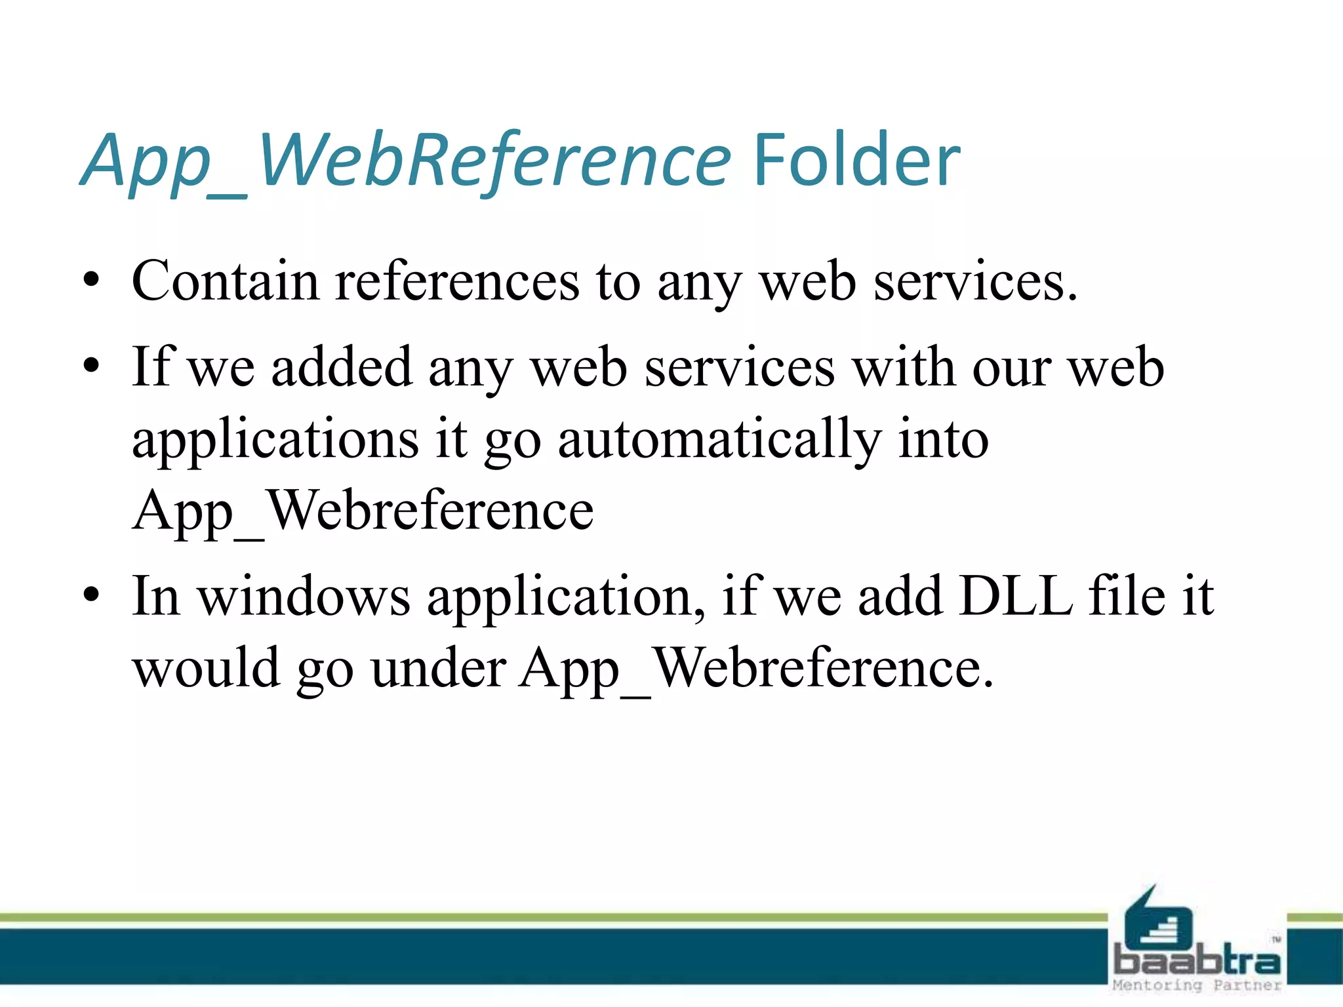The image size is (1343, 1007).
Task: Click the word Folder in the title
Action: pyautogui.click(x=856, y=161)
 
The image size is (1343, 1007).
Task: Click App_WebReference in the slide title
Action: pyautogui.click(x=405, y=161)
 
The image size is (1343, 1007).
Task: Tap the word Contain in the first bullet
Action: pyautogui.click(x=225, y=281)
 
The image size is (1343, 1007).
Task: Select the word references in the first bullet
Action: pyautogui.click(x=457, y=281)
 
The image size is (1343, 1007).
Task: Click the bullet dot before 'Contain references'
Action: pyautogui.click(x=92, y=282)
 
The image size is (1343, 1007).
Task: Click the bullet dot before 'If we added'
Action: pyautogui.click(x=92, y=366)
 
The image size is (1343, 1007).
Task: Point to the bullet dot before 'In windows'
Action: pyautogui.click(x=92, y=596)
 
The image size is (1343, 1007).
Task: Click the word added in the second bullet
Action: pyautogui.click(x=342, y=366)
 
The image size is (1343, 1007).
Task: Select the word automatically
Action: pyautogui.click(x=719, y=439)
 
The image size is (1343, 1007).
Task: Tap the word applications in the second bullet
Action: pyautogui.click(x=275, y=439)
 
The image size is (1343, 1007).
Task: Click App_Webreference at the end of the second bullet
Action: pyautogui.click(x=363, y=511)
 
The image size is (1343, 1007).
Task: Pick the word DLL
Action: pyautogui.click(x=1015, y=596)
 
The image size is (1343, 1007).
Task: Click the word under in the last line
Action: pyautogui.click(x=437, y=668)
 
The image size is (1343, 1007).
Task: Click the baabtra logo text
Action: pyautogui.click(x=1197, y=961)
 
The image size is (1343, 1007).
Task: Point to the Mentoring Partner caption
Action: pyautogui.click(x=1197, y=985)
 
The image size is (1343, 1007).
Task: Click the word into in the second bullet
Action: pyautogui.click(x=942, y=439)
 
